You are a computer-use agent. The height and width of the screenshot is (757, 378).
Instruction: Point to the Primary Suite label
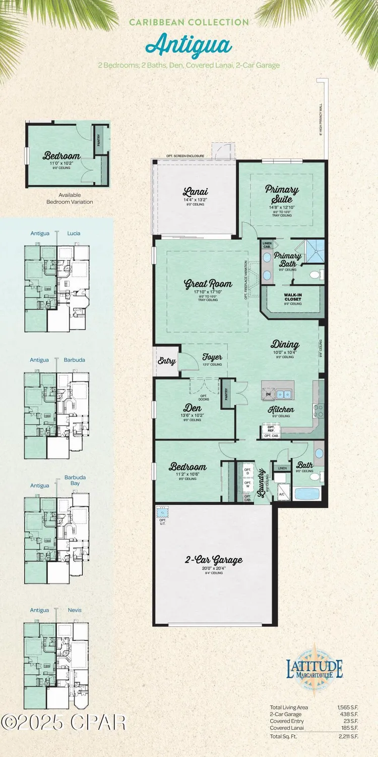tap(282, 193)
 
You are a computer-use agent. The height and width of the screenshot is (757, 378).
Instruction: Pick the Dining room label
tap(285, 345)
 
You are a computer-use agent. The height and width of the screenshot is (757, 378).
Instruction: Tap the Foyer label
tap(212, 357)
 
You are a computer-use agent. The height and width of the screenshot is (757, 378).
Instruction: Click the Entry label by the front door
tap(166, 361)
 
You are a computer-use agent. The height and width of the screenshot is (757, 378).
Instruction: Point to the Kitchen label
tap(281, 410)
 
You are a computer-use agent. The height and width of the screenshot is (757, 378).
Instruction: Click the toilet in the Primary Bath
tap(314, 275)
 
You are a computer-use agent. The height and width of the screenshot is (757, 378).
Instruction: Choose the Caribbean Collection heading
tap(188, 22)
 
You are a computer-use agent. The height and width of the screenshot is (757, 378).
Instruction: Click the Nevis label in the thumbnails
tap(75, 610)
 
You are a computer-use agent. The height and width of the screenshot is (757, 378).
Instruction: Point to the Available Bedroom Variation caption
tap(70, 198)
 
